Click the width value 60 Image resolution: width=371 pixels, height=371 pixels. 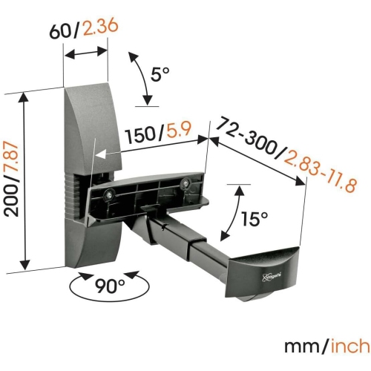[x=61, y=32]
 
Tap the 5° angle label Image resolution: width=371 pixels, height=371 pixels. [x=160, y=75]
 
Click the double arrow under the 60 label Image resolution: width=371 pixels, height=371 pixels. [x=86, y=53]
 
